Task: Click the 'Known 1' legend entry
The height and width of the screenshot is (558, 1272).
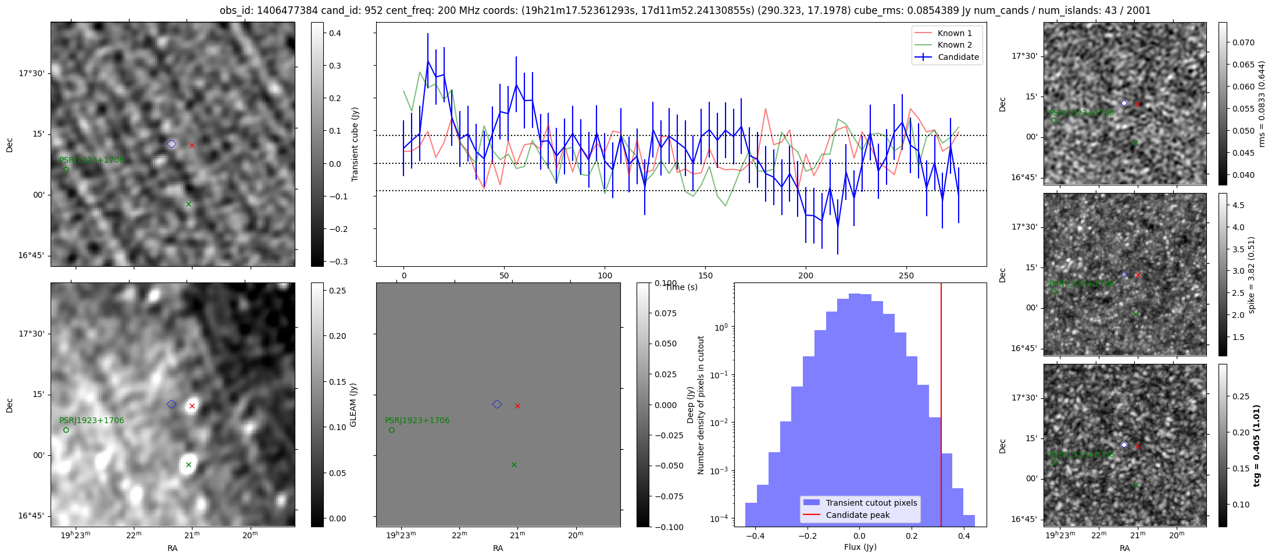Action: pyautogui.click(x=955, y=33)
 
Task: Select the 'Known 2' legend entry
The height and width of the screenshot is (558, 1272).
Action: pyautogui.click(x=955, y=45)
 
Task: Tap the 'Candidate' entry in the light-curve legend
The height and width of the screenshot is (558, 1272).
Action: pyautogui.click(x=958, y=57)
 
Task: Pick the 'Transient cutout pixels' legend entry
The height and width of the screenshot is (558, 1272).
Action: pyautogui.click(x=871, y=503)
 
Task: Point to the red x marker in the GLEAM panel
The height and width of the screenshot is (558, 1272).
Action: pyautogui.click(x=192, y=406)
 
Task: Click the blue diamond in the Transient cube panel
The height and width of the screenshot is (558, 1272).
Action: pyautogui.click(x=171, y=144)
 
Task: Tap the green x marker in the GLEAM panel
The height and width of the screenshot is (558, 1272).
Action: pyautogui.click(x=188, y=464)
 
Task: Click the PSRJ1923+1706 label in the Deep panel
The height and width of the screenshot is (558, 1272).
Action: pyautogui.click(x=417, y=420)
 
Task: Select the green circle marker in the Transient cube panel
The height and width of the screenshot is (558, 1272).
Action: pyautogui.click(x=66, y=170)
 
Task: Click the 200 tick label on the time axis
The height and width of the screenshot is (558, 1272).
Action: pyautogui.click(x=806, y=276)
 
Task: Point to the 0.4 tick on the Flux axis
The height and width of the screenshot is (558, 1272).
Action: pyautogui.click(x=964, y=536)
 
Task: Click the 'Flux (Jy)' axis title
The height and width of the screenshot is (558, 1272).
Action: pyautogui.click(x=860, y=547)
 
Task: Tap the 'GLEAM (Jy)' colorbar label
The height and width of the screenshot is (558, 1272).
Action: pyautogui.click(x=353, y=405)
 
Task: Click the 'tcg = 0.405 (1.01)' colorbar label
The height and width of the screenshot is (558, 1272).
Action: pyautogui.click(x=1257, y=445)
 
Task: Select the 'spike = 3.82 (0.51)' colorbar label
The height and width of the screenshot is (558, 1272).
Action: pyautogui.click(x=1252, y=274)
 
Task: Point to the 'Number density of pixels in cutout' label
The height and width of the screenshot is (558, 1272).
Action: pyautogui.click(x=701, y=405)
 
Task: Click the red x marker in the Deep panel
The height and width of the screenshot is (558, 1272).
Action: pyautogui.click(x=517, y=406)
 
